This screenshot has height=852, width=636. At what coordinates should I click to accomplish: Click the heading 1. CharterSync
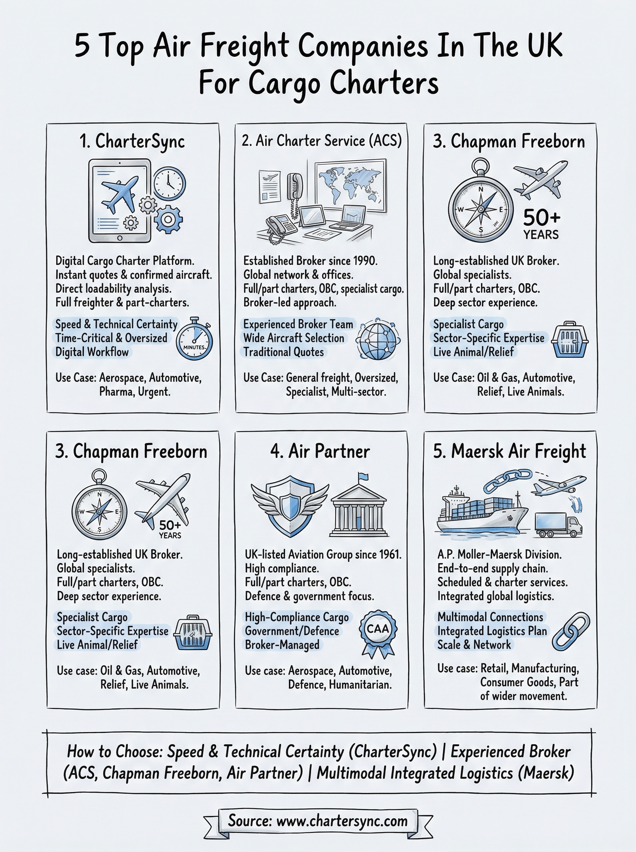pos(132,142)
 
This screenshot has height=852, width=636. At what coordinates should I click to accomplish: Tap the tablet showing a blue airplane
pos(119,201)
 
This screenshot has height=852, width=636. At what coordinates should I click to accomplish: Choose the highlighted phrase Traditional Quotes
pos(283,352)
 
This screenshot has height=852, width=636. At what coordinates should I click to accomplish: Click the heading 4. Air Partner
pos(320,451)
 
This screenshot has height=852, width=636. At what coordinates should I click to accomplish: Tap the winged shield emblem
pos(290,505)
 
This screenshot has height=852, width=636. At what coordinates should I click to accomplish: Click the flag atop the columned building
pos(363,477)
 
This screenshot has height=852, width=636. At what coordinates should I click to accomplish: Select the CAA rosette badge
pos(378,632)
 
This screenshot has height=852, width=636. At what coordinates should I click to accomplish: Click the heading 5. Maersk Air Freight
pos(509,451)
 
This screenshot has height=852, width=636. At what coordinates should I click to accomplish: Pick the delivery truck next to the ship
pos(558,525)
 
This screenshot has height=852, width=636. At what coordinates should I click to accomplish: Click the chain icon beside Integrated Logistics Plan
pos(571,632)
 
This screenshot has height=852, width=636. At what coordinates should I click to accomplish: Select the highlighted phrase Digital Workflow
pos(92,352)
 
